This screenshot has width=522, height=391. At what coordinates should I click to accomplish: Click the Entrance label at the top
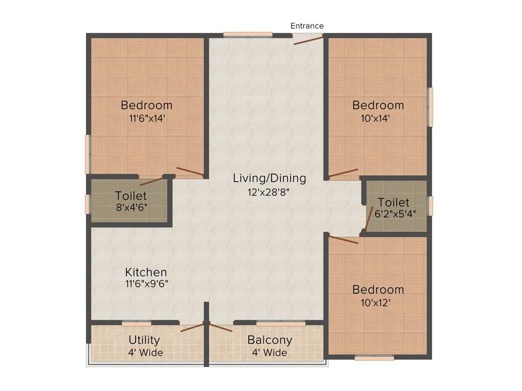[x=307, y=25]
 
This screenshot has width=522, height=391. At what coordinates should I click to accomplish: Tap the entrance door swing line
[x=308, y=40]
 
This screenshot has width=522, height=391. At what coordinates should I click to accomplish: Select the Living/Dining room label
[x=269, y=178]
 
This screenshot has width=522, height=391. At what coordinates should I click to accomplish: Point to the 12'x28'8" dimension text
[x=269, y=192]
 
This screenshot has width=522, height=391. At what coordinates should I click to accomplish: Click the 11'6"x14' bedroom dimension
[x=147, y=119]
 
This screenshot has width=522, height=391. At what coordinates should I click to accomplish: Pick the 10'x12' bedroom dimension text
[x=378, y=302]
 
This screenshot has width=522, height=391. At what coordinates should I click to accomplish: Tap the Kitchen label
[x=146, y=272]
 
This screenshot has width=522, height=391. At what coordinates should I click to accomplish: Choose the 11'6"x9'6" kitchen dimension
[x=147, y=284]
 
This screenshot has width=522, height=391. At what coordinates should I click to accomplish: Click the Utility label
[x=144, y=340]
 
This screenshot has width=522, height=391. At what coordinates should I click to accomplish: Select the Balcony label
[x=270, y=340]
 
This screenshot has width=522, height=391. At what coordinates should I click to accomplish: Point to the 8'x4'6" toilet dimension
[x=131, y=208]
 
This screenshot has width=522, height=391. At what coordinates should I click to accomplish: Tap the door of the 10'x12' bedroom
[x=344, y=239]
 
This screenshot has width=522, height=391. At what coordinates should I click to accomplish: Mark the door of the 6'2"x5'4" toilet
[x=368, y=219]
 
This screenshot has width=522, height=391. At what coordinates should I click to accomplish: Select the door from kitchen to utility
[x=192, y=326]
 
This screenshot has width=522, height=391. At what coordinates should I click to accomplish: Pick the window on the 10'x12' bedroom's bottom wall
[x=374, y=358]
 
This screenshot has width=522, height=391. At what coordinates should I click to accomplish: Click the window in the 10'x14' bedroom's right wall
[x=430, y=107]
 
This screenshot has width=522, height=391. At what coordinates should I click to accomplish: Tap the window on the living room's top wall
[x=248, y=35]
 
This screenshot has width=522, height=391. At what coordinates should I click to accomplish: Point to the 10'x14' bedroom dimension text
[x=378, y=119]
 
